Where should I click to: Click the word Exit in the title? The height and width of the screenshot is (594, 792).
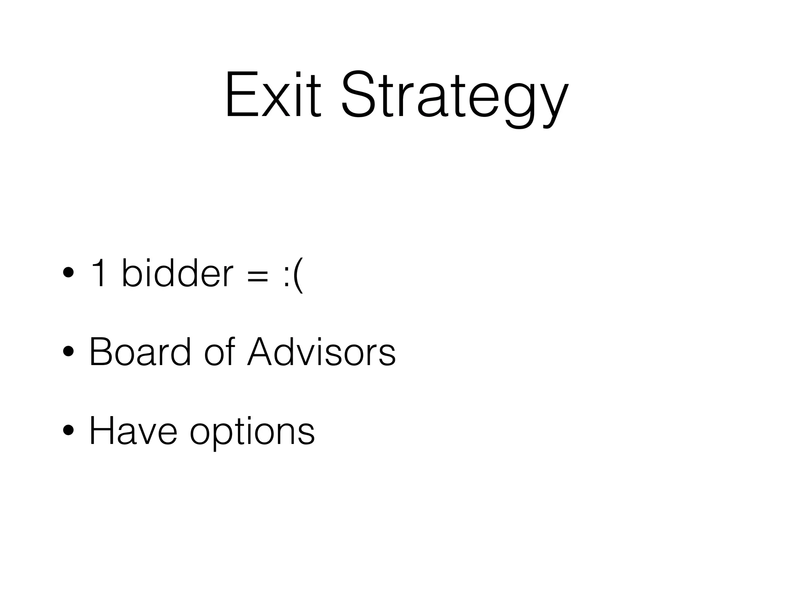coord(273,95)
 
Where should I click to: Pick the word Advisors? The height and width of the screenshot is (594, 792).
coord(321,352)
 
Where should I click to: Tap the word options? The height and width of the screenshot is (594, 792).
coord(252,433)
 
